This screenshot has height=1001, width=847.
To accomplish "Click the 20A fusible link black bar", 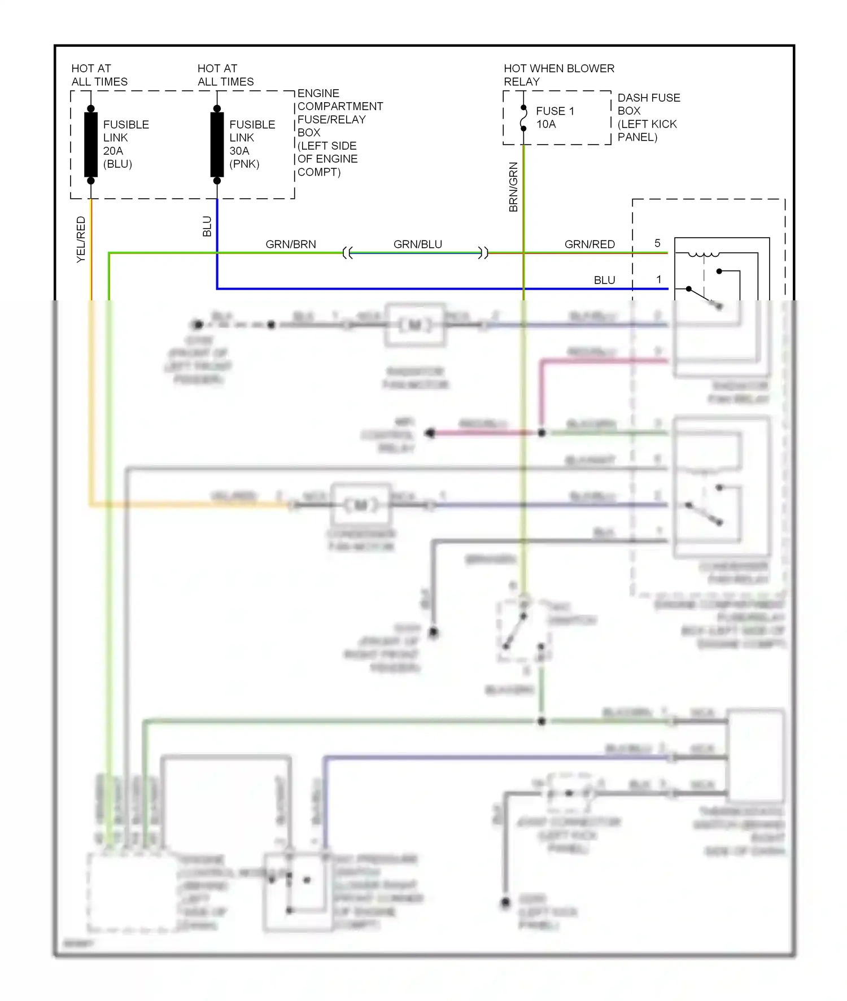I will point(90,145).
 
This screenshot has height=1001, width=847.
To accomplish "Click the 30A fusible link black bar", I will point(217,145).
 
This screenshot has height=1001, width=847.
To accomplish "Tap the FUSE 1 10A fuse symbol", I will point(523,118).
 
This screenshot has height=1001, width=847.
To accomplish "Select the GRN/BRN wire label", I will point(291,244).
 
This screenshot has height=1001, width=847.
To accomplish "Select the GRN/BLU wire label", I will point(417,244).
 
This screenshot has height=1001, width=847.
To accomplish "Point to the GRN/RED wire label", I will point(590,244).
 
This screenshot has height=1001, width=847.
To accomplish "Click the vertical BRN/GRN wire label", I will point(513,187).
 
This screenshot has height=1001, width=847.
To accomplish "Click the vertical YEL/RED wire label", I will point(81,239).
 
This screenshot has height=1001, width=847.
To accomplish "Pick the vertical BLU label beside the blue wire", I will point(207,226).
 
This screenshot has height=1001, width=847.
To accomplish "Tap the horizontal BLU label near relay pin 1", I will point(604,281).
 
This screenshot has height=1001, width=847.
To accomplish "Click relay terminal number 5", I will point(657,243).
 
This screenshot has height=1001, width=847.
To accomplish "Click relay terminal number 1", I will point(658,279).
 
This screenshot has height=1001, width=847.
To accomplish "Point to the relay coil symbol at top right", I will point(704,255).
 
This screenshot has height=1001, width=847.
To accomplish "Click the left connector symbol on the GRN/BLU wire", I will point(347,253).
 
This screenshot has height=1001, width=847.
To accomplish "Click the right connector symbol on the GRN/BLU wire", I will point(483,253).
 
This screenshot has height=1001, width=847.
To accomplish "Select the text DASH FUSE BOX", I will point(648,104).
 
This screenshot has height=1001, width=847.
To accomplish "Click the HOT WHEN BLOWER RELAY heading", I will point(558,75).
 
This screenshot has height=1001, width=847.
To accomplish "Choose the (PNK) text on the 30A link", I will point(244,164).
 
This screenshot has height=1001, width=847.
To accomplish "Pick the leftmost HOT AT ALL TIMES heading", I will point(99,75).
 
